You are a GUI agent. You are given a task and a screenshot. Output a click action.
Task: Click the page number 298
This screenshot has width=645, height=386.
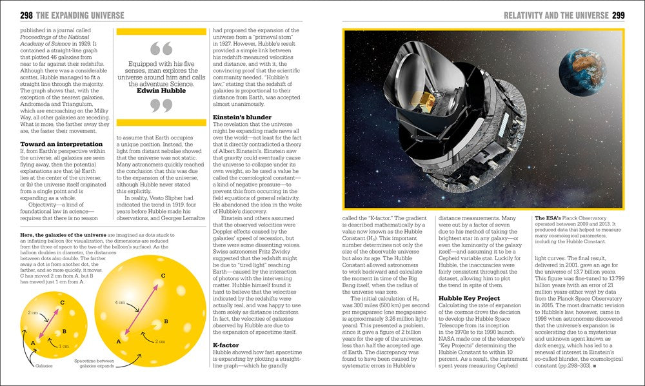[11, 14]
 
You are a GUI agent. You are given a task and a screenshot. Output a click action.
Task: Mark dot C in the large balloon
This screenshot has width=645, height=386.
[163, 276]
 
